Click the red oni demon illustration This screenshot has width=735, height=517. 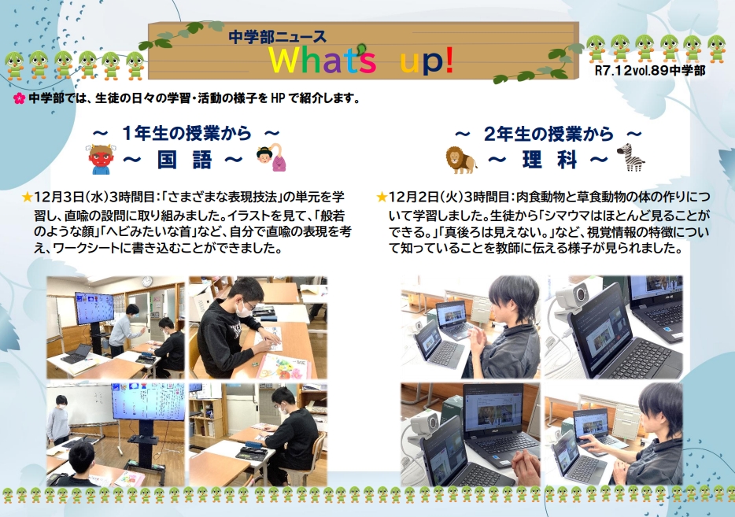click(98, 160)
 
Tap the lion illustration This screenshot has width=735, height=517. click(461, 160)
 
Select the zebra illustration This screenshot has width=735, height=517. click(630, 157)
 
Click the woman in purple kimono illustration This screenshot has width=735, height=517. click(271, 156)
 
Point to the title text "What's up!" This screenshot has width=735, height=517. click(361, 60)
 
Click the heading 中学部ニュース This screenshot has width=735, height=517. click(277, 36)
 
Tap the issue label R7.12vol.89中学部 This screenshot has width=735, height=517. click(650, 70)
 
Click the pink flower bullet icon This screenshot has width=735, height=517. click(19, 99)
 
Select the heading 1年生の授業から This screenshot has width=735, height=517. click(187, 134)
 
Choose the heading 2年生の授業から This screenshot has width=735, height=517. click(548, 134)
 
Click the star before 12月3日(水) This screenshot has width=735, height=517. click(27, 197)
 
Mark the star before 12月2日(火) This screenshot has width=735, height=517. click(382, 197)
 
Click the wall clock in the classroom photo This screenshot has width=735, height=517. click(147, 281)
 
